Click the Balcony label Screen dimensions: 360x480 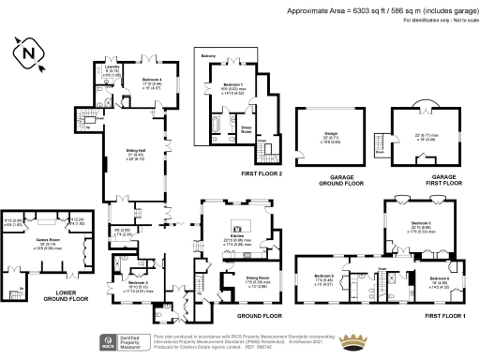point(209,56)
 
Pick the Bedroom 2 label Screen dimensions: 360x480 point(137,282)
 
